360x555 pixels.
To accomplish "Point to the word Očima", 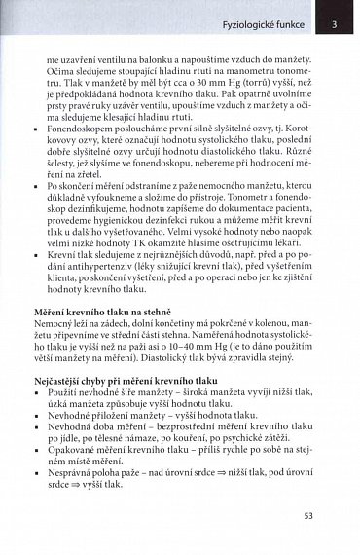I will [x=60, y=70].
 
